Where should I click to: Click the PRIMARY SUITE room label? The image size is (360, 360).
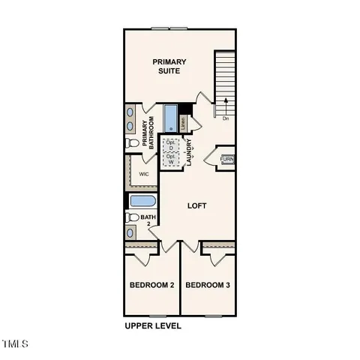coord(169,66)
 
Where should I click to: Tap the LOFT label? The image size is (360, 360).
coord(196,205)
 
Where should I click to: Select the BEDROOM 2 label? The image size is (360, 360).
coord(151,286)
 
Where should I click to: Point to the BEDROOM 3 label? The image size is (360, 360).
coord(208,286)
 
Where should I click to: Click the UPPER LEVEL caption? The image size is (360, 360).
coord(153,326)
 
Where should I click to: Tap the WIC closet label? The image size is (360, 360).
coord(144,173)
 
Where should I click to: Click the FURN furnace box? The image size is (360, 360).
coord(227,159)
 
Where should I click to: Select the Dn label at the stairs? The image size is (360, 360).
coord(226,118)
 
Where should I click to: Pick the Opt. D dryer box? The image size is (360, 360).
coord(171,145)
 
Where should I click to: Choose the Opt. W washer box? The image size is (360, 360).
coord(171,160)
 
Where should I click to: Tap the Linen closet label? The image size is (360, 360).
coord(182,120)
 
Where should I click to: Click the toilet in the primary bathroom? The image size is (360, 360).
coord(132,142)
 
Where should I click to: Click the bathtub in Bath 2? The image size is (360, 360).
coord(142,201)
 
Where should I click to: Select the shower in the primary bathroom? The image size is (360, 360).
coord(169,118)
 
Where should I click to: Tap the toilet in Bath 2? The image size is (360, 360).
coord(132,217)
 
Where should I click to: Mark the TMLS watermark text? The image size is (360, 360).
coord(15,344)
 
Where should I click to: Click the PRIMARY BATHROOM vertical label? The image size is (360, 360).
coord(152,133)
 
